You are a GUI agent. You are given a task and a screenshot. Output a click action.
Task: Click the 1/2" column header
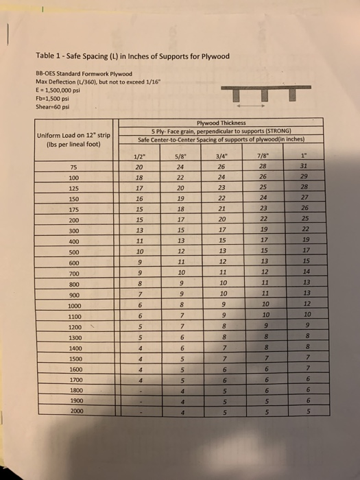point(141,155)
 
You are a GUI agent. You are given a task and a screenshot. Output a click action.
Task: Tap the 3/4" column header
point(221,155)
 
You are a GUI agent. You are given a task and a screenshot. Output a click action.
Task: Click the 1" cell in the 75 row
point(304,165)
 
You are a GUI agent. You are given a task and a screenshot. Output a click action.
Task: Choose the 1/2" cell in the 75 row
point(140,166)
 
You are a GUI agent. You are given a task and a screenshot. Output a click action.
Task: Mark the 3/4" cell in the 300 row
point(221,230)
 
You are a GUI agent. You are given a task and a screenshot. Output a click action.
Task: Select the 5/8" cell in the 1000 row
point(180,305)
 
